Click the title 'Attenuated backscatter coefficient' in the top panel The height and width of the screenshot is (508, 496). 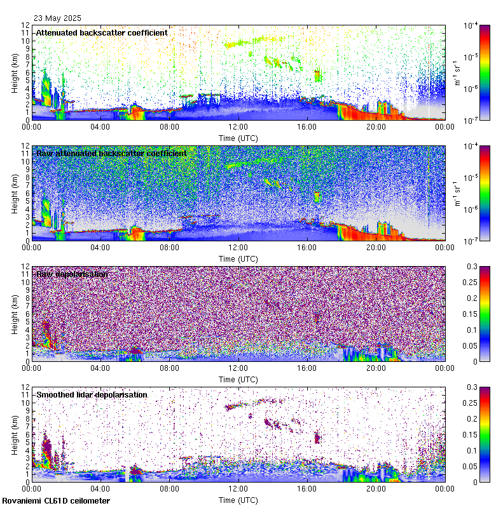102,32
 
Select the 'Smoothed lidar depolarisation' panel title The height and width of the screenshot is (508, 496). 92,394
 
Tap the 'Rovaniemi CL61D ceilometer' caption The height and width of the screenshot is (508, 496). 55,502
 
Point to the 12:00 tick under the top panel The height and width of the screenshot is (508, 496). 238,126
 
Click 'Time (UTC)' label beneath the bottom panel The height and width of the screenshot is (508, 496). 238,500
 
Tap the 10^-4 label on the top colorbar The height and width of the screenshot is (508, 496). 471,26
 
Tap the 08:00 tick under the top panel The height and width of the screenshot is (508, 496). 169,126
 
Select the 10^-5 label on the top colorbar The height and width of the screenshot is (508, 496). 471,57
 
